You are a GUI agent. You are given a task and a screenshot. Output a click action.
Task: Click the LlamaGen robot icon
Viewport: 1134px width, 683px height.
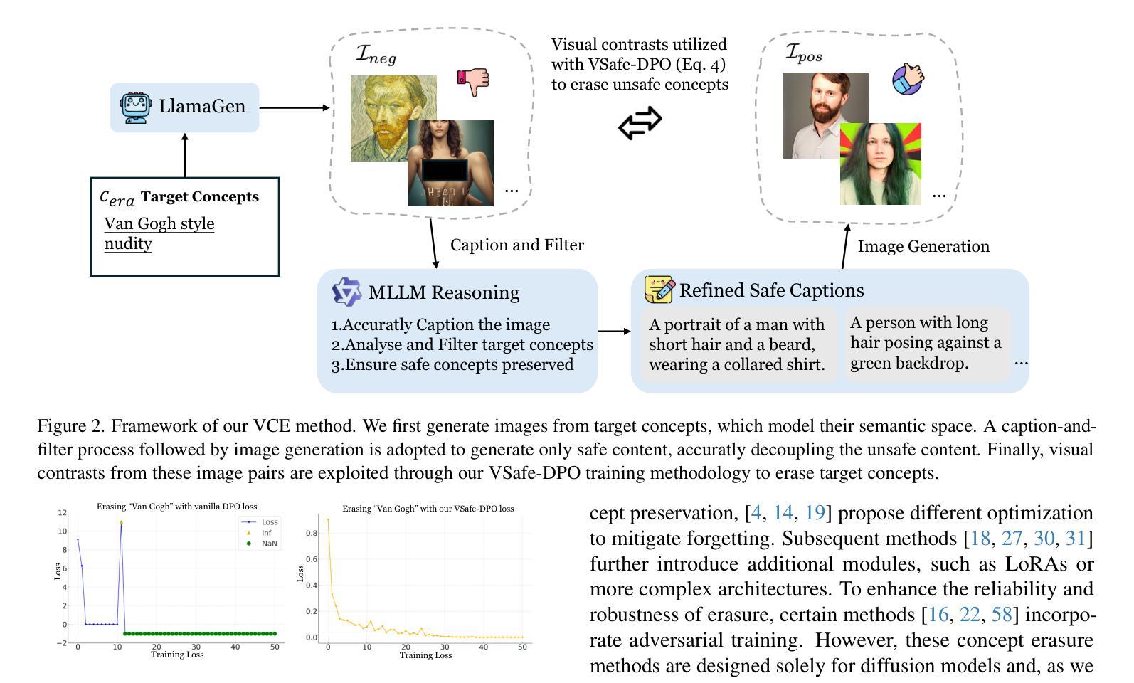pyautogui.click(x=135, y=107)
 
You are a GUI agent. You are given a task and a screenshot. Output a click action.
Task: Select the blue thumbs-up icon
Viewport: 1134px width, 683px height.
pyautogui.click(x=908, y=78)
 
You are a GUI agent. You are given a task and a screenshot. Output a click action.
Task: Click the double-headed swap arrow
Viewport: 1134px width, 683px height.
pyautogui.click(x=640, y=123)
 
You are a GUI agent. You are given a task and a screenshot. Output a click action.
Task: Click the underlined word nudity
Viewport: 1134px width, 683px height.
pyautogui.click(x=128, y=244)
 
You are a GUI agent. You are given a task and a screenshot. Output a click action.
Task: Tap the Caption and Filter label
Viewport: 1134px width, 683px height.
pyautogui.click(x=517, y=245)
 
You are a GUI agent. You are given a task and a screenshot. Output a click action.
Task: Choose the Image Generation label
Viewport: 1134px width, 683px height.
pyautogui.click(x=923, y=247)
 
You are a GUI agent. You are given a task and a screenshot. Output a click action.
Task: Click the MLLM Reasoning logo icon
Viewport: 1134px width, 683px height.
pyautogui.click(x=347, y=292)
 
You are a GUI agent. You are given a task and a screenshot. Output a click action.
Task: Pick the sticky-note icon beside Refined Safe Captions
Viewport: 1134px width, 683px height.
pyautogui.click(x=659, y=290)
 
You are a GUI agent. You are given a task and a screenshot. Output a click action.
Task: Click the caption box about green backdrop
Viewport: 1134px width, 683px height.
pyautogui.click(x=926, y=344)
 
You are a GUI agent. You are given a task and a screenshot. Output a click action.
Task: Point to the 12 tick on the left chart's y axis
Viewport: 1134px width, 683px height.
pyautogui.click(x=63, y=513)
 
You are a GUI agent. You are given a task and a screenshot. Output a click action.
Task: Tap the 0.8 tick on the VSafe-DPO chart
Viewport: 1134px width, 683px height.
pyautogui.click(x=312, y=533)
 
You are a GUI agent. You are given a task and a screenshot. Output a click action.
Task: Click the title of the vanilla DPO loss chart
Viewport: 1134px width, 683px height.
pyautogui.click(x=177, y=507)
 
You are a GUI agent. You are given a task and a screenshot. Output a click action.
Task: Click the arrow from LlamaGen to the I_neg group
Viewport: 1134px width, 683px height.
pyautogui.click(x=295, y=108)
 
